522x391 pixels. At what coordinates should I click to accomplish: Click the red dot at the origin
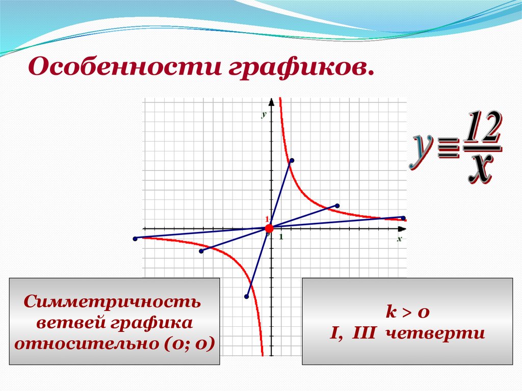(270, 228)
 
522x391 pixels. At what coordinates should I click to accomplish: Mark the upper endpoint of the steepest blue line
(292, 161)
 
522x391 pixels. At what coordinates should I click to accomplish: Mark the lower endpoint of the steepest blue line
(247, 296)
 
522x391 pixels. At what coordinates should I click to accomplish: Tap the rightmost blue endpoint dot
(403, 218)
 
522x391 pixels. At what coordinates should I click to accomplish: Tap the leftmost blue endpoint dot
(135, 239)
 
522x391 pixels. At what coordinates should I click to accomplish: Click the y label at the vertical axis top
(264, 114)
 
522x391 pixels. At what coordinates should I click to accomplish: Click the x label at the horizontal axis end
(400, 238)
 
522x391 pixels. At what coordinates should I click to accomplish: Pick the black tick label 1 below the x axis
(281, 237)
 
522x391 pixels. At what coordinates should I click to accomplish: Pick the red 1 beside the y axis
(266, 219)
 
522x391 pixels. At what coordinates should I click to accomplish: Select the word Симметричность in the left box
(115, 301)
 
